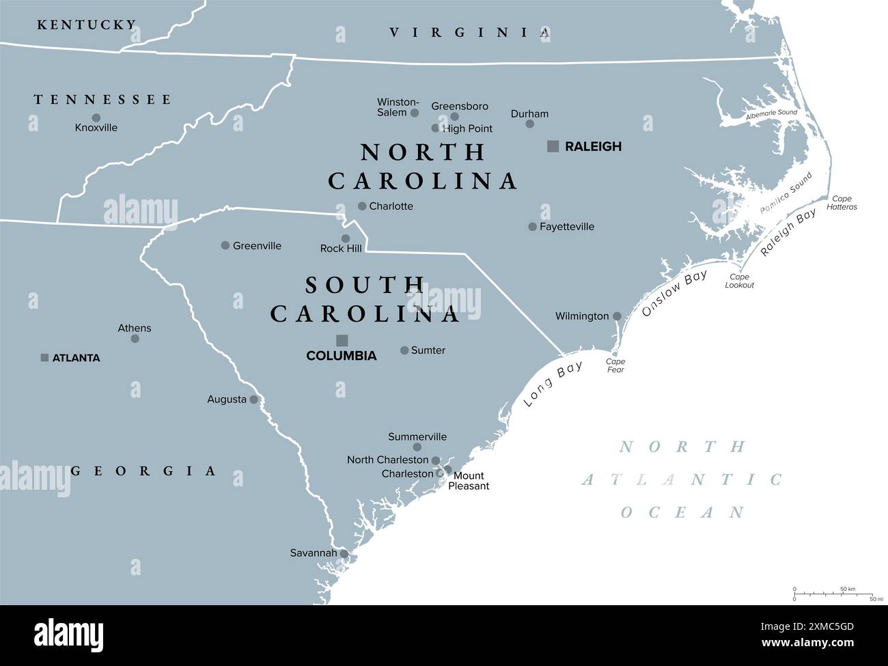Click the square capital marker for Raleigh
pos(553,145)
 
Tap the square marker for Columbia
pos(342,340)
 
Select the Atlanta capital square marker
pos(44,357)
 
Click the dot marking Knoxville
pos(96,117)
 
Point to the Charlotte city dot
pos(362,206)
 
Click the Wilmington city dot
pos(617,316)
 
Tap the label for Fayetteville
pos(566,227)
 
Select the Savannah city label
pos(314,553)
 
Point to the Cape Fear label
pos(615,365)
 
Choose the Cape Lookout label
pos(739,281)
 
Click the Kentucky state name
pos(87,25)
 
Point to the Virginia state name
pos(469,32)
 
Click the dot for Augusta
pos(254,400)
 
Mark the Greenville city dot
pos(225,245)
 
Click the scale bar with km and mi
pos(834,594)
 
